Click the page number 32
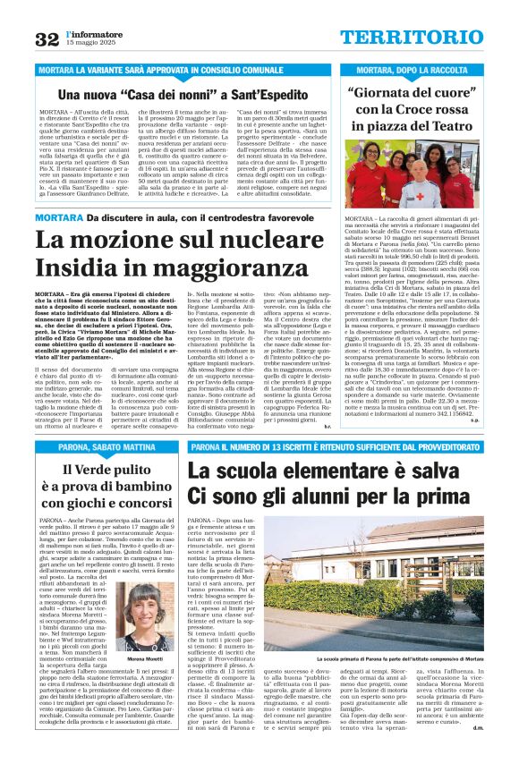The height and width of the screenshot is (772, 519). (x=47, y=38)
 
